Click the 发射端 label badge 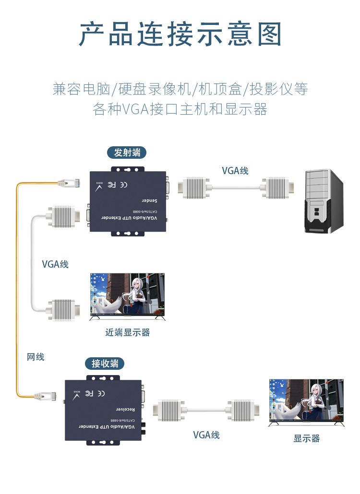point(127,153)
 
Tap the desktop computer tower point(325,201)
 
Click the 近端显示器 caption point(127,332)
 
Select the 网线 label point(36,357)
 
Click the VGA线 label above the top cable point(235,171)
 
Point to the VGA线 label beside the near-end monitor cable point(55,264)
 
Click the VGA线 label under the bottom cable point(206,435)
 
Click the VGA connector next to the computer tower point(276,188)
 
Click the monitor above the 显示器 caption point(306,402)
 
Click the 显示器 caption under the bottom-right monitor point(306,438)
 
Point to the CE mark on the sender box point(123,184)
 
